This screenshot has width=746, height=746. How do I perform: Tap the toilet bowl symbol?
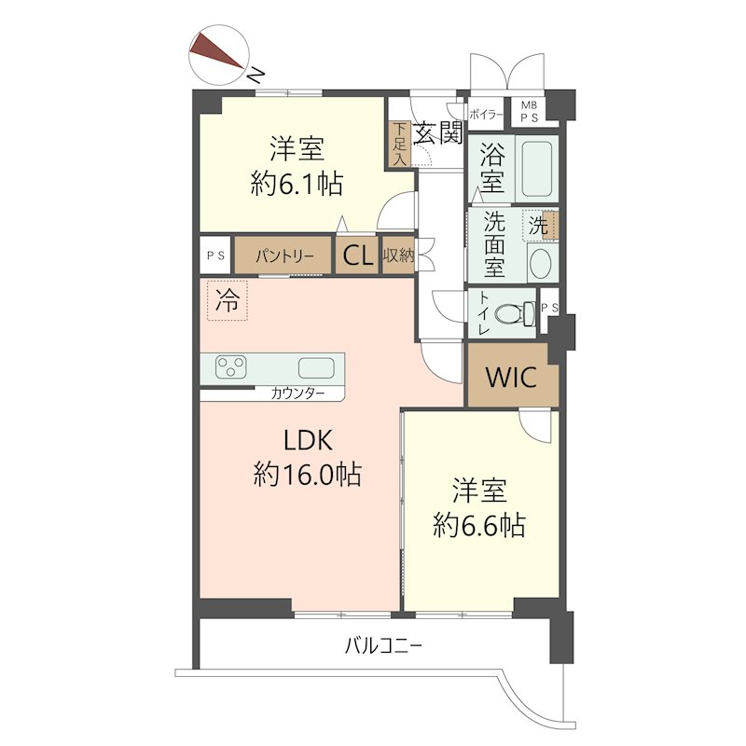click(x=509, y=315)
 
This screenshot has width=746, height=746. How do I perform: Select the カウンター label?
click(x=298, y=394)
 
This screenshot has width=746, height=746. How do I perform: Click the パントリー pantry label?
click(x=281, y=256)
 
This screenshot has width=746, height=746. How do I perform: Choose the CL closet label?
click(x=356, y=257)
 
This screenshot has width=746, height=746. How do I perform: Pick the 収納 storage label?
click(x=397, y=256)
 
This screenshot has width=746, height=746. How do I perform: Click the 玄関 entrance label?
click(x=437, y=132)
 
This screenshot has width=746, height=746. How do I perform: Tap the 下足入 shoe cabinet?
click(x=399, y=144)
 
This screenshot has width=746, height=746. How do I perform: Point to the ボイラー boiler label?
click(x=486, y=115)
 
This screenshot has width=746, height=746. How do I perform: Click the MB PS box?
click(x=529, y=112)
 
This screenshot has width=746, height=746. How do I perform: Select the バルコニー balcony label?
click(x=383, y=644)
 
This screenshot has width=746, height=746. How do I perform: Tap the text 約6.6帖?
click(x=479, y=526)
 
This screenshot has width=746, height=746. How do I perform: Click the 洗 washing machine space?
click(x=539, y=225)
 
